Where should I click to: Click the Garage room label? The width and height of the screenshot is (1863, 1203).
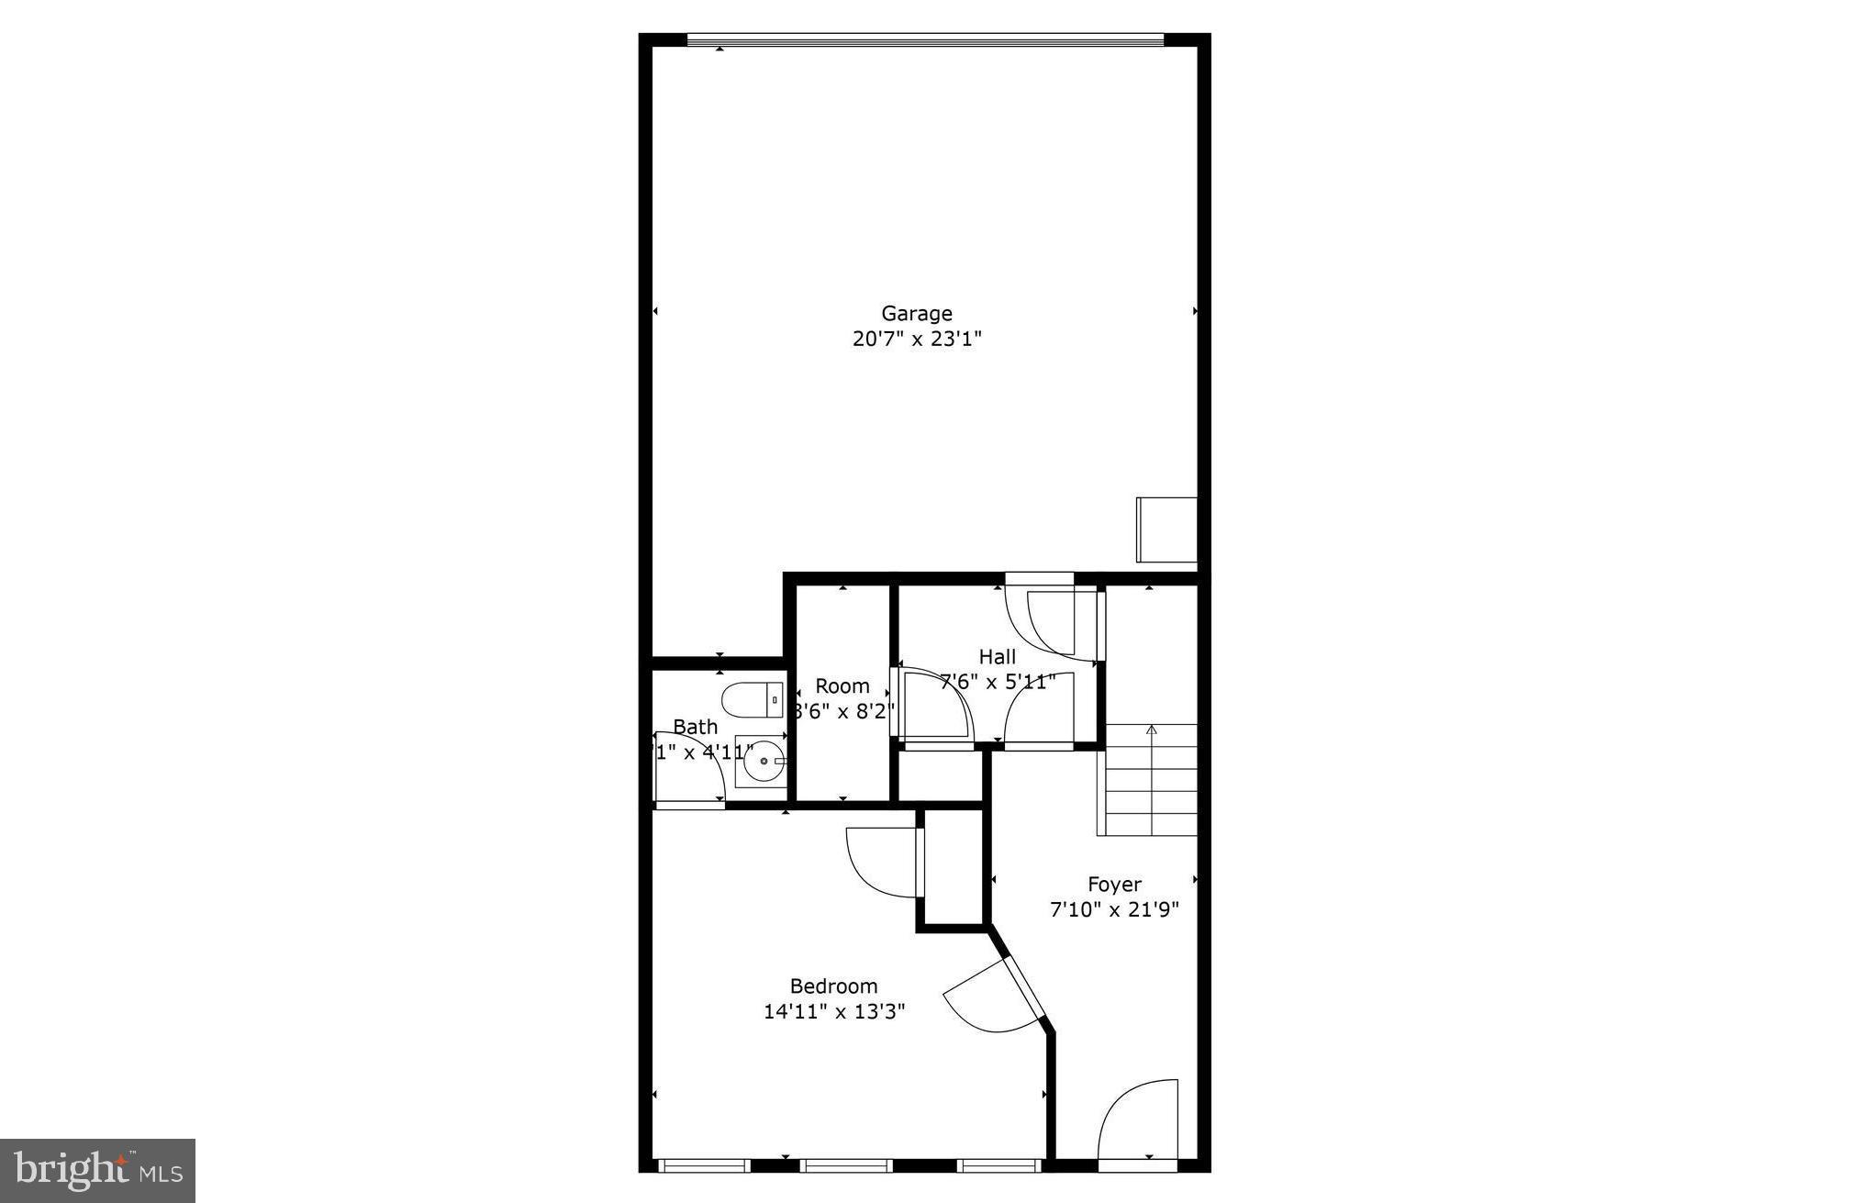(916, 314)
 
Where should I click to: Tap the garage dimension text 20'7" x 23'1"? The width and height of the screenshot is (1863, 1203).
(916, 340)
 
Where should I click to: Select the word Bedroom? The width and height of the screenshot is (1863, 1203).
(833, 986)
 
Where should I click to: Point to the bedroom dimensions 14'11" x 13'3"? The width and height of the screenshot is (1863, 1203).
(833, 1011)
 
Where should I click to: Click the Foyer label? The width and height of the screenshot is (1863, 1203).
(1114, 885)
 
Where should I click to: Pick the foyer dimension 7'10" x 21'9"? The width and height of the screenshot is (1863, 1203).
(1114, 909)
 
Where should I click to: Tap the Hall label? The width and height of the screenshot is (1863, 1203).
(997, 657)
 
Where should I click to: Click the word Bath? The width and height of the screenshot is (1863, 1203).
(695, 727)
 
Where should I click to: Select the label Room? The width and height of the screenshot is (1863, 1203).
(842, 686)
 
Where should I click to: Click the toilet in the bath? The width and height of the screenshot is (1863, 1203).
(753, 700)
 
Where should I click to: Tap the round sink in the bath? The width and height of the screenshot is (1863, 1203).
(763, 761)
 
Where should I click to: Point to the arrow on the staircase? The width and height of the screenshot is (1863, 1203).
(1151, 730)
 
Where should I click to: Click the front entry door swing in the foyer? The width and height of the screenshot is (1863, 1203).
(1139, 1119)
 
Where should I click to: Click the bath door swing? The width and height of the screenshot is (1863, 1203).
(688, 771)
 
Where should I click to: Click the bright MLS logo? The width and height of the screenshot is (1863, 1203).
(97, 1170)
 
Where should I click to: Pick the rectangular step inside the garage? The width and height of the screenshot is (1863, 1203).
(1166, 529)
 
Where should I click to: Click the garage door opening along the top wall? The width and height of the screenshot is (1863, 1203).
(925, 39)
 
